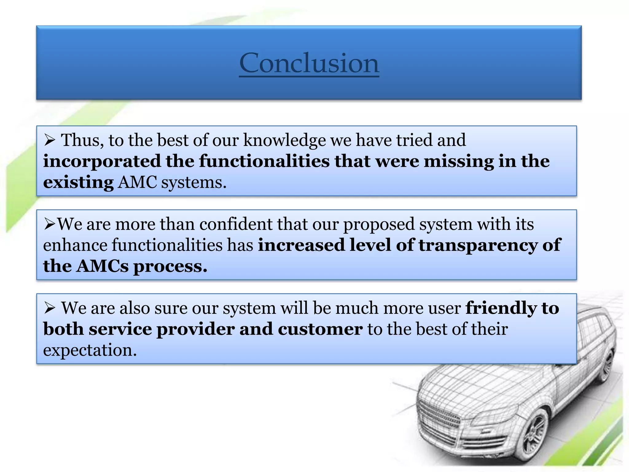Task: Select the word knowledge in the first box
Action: [284, 140]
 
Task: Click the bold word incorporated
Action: [102, 161]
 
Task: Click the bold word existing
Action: [78, 182]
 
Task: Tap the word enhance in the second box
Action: [75, 245]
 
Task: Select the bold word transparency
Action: [478, 245]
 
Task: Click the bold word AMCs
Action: [102, 266]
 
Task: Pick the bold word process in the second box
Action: [170, 266]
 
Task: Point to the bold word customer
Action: [320, 329]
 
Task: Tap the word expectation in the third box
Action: [90, 350]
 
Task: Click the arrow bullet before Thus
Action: [49, 141]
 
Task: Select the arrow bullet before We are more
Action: [49, 224]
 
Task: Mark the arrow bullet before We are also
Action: [49, 308]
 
